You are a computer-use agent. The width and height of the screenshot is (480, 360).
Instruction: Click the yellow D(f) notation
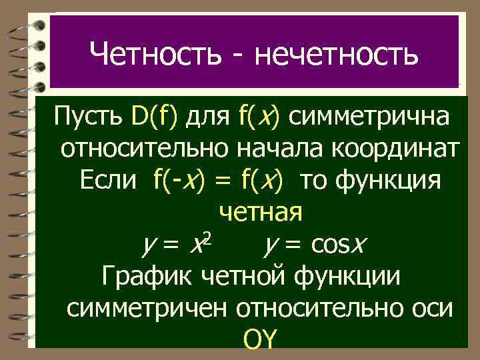click(155, 119)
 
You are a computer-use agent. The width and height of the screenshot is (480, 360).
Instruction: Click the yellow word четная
click(261, 212)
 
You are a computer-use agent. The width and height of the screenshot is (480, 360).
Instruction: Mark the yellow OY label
click(259, 339)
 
